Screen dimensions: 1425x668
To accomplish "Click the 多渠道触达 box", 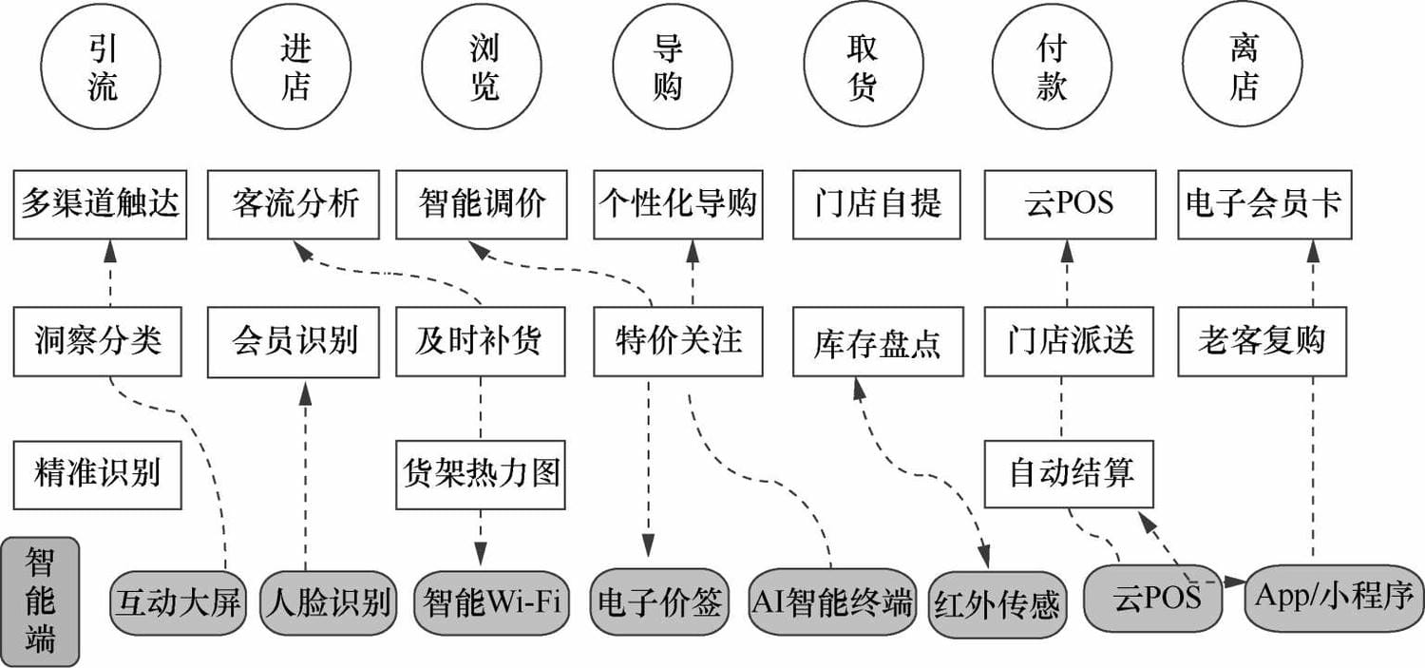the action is pyautogui.click(x=100, y=204).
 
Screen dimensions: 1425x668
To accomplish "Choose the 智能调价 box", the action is pyautogui.click(x=482, y=204).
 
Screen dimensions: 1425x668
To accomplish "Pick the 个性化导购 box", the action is pyautogui.click(x=678, y=204).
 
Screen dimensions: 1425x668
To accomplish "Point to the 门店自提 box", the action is pyautogui.click(x=877, y=204).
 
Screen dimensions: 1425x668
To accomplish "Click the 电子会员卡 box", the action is pyautogui.click(x=1264, y=204).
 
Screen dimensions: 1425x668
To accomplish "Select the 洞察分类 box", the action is pyautogui.click(x=97, y=342).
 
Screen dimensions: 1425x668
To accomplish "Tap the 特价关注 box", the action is pyautogui.click(x=678, y=342).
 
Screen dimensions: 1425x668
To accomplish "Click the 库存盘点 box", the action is pyautogui.click(x=878, y=342).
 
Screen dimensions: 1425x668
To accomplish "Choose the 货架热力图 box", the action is pyautogui.click(x=481, y=474).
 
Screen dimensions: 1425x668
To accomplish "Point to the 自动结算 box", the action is pyautogui.click(x=1069, y=473).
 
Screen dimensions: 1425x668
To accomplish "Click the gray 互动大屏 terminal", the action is pyautogui.click(x=178, y=602).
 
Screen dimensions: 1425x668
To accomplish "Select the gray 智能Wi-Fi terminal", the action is pyautogui.click(x=492, y=602).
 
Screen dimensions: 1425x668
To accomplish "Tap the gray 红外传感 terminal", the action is pyautogui.click(x=997, y=604).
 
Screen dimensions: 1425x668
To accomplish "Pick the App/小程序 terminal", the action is pyautogui.click(x=1335, y=597).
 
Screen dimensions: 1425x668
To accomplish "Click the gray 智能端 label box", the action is pyautogui.click(x=40, y=601).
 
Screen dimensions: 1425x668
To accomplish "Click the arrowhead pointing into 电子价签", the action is pyautogui.click(x=648, y=545).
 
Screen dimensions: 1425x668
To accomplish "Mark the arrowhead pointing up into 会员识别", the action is pyautogui.click(x=305, y=393).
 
